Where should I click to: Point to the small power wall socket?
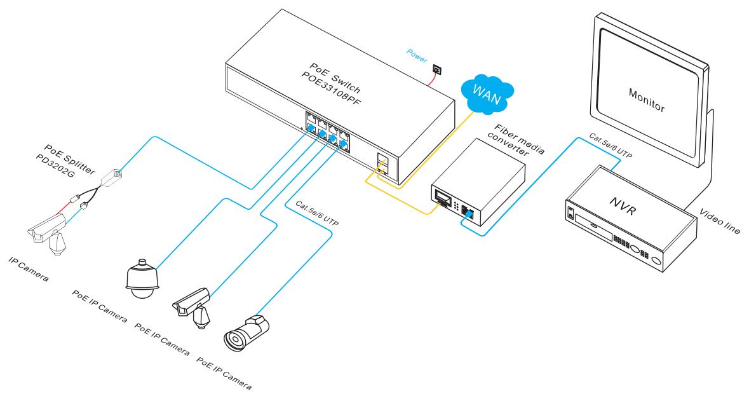click(x=438, y=69)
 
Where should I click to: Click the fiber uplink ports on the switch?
click(x=382, y=164)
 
